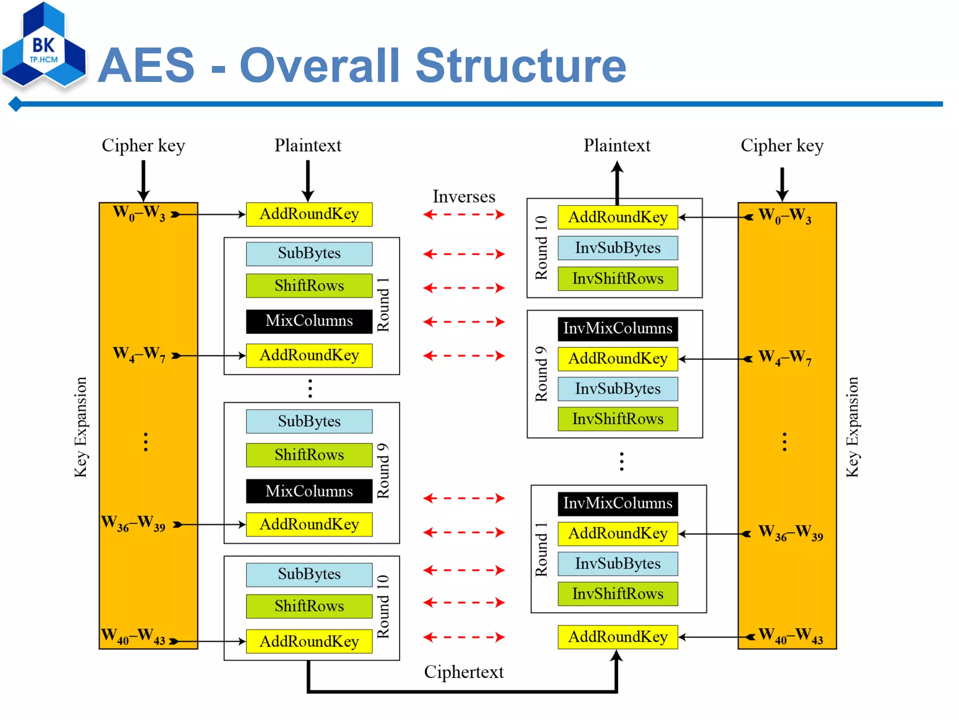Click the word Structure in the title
point(521,66)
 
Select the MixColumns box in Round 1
point(309,321)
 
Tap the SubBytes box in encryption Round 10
point(309,574)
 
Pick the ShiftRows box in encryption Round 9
point(309,455)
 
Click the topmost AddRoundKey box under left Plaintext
point(309,214)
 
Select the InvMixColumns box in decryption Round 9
point(617,329)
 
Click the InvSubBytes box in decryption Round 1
point(617,563)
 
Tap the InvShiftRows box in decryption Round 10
point(617,278)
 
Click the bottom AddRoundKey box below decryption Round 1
point(617,637)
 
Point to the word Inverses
point(464,196)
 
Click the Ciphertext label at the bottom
point(464,672)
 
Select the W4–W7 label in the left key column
point(139,354)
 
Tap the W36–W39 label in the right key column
point(790,533)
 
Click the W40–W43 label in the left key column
point(133,637)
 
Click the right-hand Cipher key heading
point(782,146)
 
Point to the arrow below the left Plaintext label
point(308,180)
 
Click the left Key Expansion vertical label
point(81,427)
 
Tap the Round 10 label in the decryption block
point(541,247)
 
